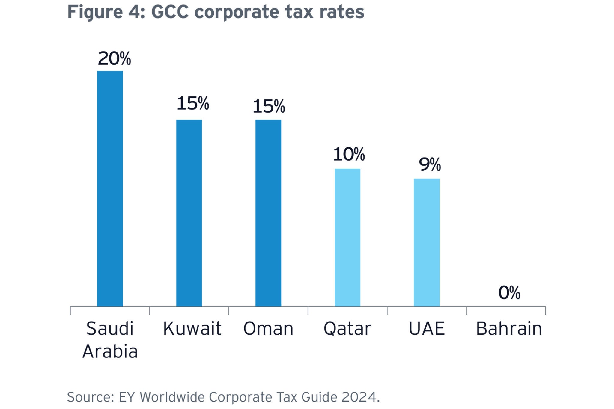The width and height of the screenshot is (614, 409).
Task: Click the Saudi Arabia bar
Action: point(110,188)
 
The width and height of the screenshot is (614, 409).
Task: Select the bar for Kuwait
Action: point(189,213)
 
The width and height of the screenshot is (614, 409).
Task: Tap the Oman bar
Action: point(268,213)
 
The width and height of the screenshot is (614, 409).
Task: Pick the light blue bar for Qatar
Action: point(347,237)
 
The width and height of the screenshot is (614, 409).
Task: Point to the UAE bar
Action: point(427,242)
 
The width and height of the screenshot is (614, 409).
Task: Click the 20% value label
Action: point(114,58)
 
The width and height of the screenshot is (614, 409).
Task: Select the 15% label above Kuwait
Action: point(193,103)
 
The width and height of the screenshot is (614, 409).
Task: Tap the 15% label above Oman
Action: point(269,106)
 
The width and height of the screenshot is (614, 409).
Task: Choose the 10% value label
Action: point(349,155)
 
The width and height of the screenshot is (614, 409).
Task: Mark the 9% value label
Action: point(430,164)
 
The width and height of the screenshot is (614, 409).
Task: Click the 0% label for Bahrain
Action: point(509,293)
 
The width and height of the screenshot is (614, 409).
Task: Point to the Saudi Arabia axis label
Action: point(110,339)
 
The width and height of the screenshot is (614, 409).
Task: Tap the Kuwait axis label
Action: point(192,328)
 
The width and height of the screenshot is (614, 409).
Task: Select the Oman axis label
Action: point(268,328)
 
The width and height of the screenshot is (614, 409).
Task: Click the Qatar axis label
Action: point(347,329)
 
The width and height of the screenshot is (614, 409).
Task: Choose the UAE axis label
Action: point(427,328)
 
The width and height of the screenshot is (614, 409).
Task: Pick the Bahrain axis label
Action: point(509,328)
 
